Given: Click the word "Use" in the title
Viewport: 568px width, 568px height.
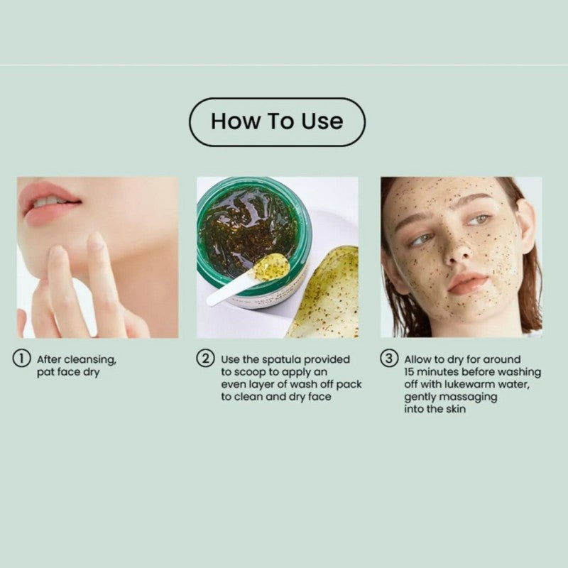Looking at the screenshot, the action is coord(322,121).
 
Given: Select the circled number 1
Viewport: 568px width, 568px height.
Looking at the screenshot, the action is coord(21,359).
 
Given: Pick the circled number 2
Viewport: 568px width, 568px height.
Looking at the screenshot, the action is coord(205,359).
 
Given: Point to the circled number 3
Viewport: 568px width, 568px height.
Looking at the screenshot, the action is coord(389,359).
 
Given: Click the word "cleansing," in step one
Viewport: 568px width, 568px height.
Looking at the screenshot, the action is coord(90,360).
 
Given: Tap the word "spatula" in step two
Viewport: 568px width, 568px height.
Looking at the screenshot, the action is coord(281,360).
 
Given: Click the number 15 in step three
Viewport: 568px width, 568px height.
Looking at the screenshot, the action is coord(410,372).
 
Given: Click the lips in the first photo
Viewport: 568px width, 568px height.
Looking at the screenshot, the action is coord(49,204).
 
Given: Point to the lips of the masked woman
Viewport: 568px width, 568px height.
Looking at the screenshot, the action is coord(466,283).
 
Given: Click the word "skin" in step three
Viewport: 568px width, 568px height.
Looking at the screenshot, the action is coord(456,409).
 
